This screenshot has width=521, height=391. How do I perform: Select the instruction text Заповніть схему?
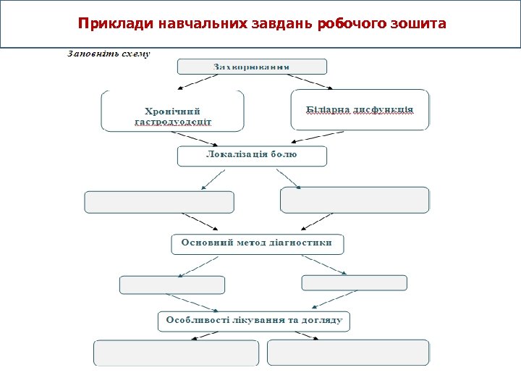click(x=109, y=54)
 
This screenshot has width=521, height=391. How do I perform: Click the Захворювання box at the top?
click(x=252, y=67)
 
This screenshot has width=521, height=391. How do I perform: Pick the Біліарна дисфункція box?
click(x=360, y=110)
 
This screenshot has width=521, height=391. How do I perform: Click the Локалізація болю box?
click(x=252, y=156)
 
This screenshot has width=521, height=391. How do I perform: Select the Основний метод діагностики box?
click(x=257, y=244)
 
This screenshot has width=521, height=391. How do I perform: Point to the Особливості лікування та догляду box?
click(x=254, y=321)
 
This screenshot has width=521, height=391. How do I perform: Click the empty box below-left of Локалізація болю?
click(x=160, y=202)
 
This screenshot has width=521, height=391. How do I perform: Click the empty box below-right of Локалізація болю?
click(x=355, y=200)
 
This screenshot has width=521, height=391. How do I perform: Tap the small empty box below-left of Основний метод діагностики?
click(x=172, y=285)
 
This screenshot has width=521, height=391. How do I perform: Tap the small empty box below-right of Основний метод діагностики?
click(x=354, y=283)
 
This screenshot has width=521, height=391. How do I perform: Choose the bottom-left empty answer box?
click(x=176, y=353)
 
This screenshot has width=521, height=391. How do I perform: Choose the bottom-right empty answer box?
click(x=348, y=353)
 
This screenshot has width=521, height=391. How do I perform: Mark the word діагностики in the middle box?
click(x=302, y=243)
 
